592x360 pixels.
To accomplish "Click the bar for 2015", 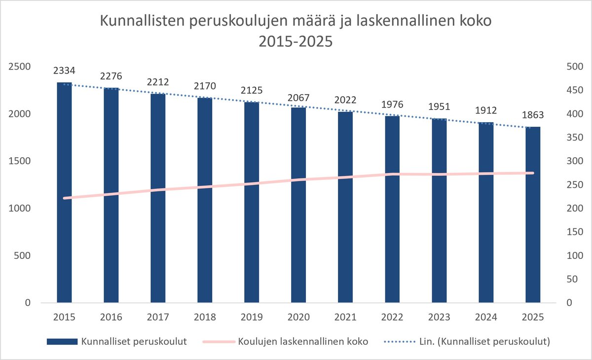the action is coord(64,192).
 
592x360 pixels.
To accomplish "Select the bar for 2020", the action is coord(298,205).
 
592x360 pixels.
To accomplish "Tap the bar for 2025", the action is coord(533,215).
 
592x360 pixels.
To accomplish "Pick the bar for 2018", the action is coord(205,200).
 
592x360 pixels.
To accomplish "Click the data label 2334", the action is coord(64,71).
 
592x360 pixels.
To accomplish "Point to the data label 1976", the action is coord(392,105).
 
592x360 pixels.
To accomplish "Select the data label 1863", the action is coord(533,115).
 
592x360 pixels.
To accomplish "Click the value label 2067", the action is coord(298,98).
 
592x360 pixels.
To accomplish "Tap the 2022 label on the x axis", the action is coord(392,317).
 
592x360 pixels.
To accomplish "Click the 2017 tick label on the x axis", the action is coord(158,317).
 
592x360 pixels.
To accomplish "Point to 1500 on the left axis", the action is coord(20,161).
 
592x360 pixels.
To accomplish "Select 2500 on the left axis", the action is coord(20,67).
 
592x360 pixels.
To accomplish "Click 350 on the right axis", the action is coord(575,138).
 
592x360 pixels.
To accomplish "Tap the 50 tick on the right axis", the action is coord(572,279).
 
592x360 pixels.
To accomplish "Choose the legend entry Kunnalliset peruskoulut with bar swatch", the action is coord(117,342).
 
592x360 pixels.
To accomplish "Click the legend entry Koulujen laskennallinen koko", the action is coord(286,342).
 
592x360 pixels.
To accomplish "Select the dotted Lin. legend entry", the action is coord(467,342).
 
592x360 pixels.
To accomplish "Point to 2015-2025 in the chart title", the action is coord(296,41).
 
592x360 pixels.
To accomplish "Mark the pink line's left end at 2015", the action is coord(64,198).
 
